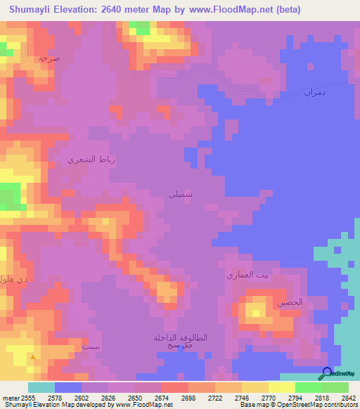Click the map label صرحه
pyautogui.click(x=49, y=59)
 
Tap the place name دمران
pyautogui.click(x=315, y=92)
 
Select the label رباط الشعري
pyautogui.click(x=91, y=160)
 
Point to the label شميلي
pyautogui.click(x=181, y=193)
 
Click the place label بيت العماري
pyautogui.click(x=247, y=275)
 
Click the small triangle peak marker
pyautogui.click(x=32, y=357)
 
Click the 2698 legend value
pyautogui.click(x=188, y=396)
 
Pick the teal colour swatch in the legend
pyautogui.click(x=41, y=387)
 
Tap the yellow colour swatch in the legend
pyautogui.click(x=281, y=387)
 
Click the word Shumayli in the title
pyautogui.click(x=34, y=10)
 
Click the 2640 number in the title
pyautogui.click(x=114, y=10)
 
